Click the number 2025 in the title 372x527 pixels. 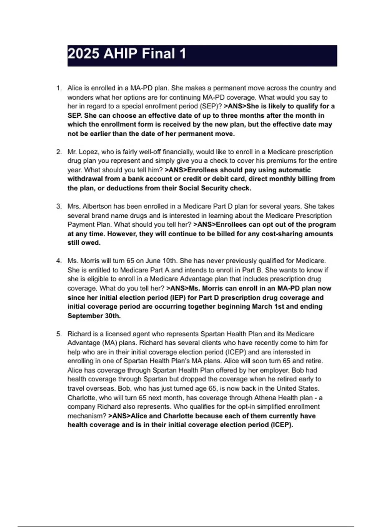(83, 54)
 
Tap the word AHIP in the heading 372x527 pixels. (120, 54)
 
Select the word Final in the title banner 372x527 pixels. (158, 54)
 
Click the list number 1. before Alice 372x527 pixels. (59, 88)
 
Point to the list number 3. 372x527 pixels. (59, 206)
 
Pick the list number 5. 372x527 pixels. (59, 334)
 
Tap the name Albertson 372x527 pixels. (97, 206)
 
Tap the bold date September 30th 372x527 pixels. (94, 316)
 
